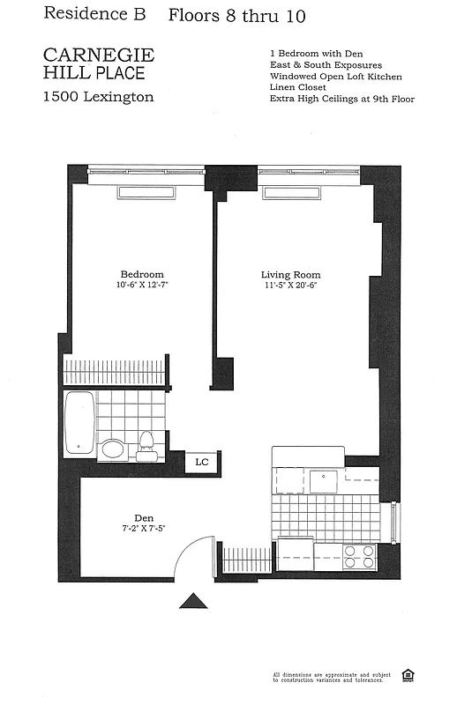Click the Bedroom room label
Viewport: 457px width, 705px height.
[141, 274]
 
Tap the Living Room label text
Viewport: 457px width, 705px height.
[290, 274]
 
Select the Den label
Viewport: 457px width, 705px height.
[145, 518]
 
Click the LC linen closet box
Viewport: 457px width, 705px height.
[202, 462]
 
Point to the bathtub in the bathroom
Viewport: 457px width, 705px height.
[79, 422]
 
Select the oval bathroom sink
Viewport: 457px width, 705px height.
[113, 449]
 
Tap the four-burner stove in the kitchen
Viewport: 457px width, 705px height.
[358, 556]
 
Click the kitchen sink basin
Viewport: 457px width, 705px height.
[324, 479]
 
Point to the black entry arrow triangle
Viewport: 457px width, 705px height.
[193, 600]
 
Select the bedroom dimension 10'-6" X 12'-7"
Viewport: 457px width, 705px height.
[141, 286]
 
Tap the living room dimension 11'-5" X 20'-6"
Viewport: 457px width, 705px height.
[290, 286]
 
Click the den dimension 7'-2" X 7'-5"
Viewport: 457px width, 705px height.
[145, 530]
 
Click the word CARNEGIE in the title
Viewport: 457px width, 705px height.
[99, 56]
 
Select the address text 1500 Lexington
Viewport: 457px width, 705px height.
[99, 97]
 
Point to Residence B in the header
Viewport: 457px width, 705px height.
[88, 14]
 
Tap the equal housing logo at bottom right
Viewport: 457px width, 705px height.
[408, 676]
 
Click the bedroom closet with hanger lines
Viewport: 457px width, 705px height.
[114, 371]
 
